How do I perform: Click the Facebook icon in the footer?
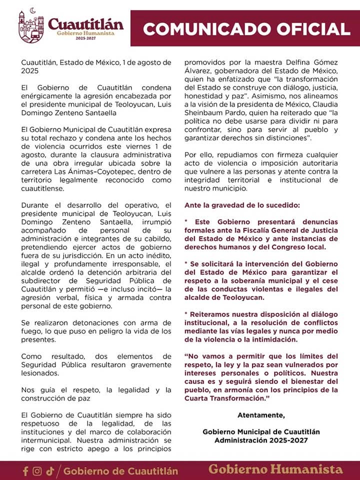click(25, 471)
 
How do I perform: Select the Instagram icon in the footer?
click(37, 471)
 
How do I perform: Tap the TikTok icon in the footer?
click(49, 471)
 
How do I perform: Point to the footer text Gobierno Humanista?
click(275, 469)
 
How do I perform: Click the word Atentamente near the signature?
click(261, 415)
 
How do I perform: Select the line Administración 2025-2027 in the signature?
click(261, 440)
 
